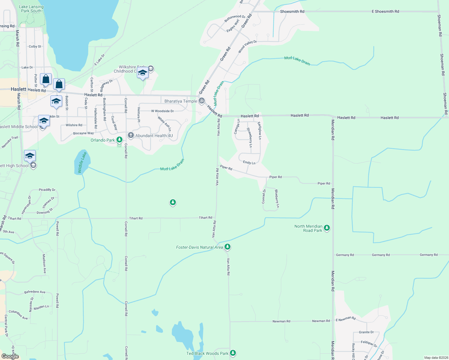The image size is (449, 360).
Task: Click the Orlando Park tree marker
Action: pos(119,139)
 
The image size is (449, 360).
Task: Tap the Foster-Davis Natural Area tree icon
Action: pos(228,247)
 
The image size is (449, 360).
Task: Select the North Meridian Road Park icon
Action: pos(327,228)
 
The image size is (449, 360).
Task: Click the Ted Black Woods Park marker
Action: pos(233,353)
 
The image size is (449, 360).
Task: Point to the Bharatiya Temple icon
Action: pos(202,101)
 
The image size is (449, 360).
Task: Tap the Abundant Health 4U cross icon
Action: pos(131,135)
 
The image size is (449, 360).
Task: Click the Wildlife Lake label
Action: pos(82,163)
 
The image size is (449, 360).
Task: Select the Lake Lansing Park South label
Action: pos(31,9)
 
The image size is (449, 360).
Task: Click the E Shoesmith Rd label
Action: pos(385,11)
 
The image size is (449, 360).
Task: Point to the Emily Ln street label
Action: pos(249,163)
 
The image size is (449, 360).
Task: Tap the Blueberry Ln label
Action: pos(277,198)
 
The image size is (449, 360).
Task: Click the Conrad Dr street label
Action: pos(264,196)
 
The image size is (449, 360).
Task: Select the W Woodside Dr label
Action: pos(162,111)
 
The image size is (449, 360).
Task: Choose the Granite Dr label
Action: pos(366,332)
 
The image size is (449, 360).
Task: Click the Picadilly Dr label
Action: pos(47,190)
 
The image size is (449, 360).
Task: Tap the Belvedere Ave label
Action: pos(35,292)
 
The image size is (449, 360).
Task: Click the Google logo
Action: pos(10,356)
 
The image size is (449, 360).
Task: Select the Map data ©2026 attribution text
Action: pos(435,358)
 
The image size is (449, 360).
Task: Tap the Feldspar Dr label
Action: pos(369,343)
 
